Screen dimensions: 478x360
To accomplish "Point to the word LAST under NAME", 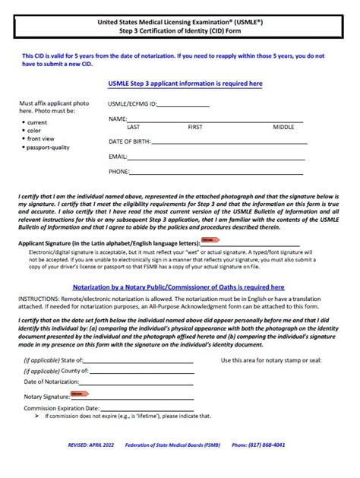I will (133, 127).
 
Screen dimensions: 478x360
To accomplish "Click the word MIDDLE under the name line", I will (283, 127).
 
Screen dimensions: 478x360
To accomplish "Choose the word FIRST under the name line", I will (195, 127).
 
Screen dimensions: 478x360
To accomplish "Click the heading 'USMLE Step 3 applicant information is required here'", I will (186, 84).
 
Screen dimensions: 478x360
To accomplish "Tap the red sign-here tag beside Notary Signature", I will (79, 394).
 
